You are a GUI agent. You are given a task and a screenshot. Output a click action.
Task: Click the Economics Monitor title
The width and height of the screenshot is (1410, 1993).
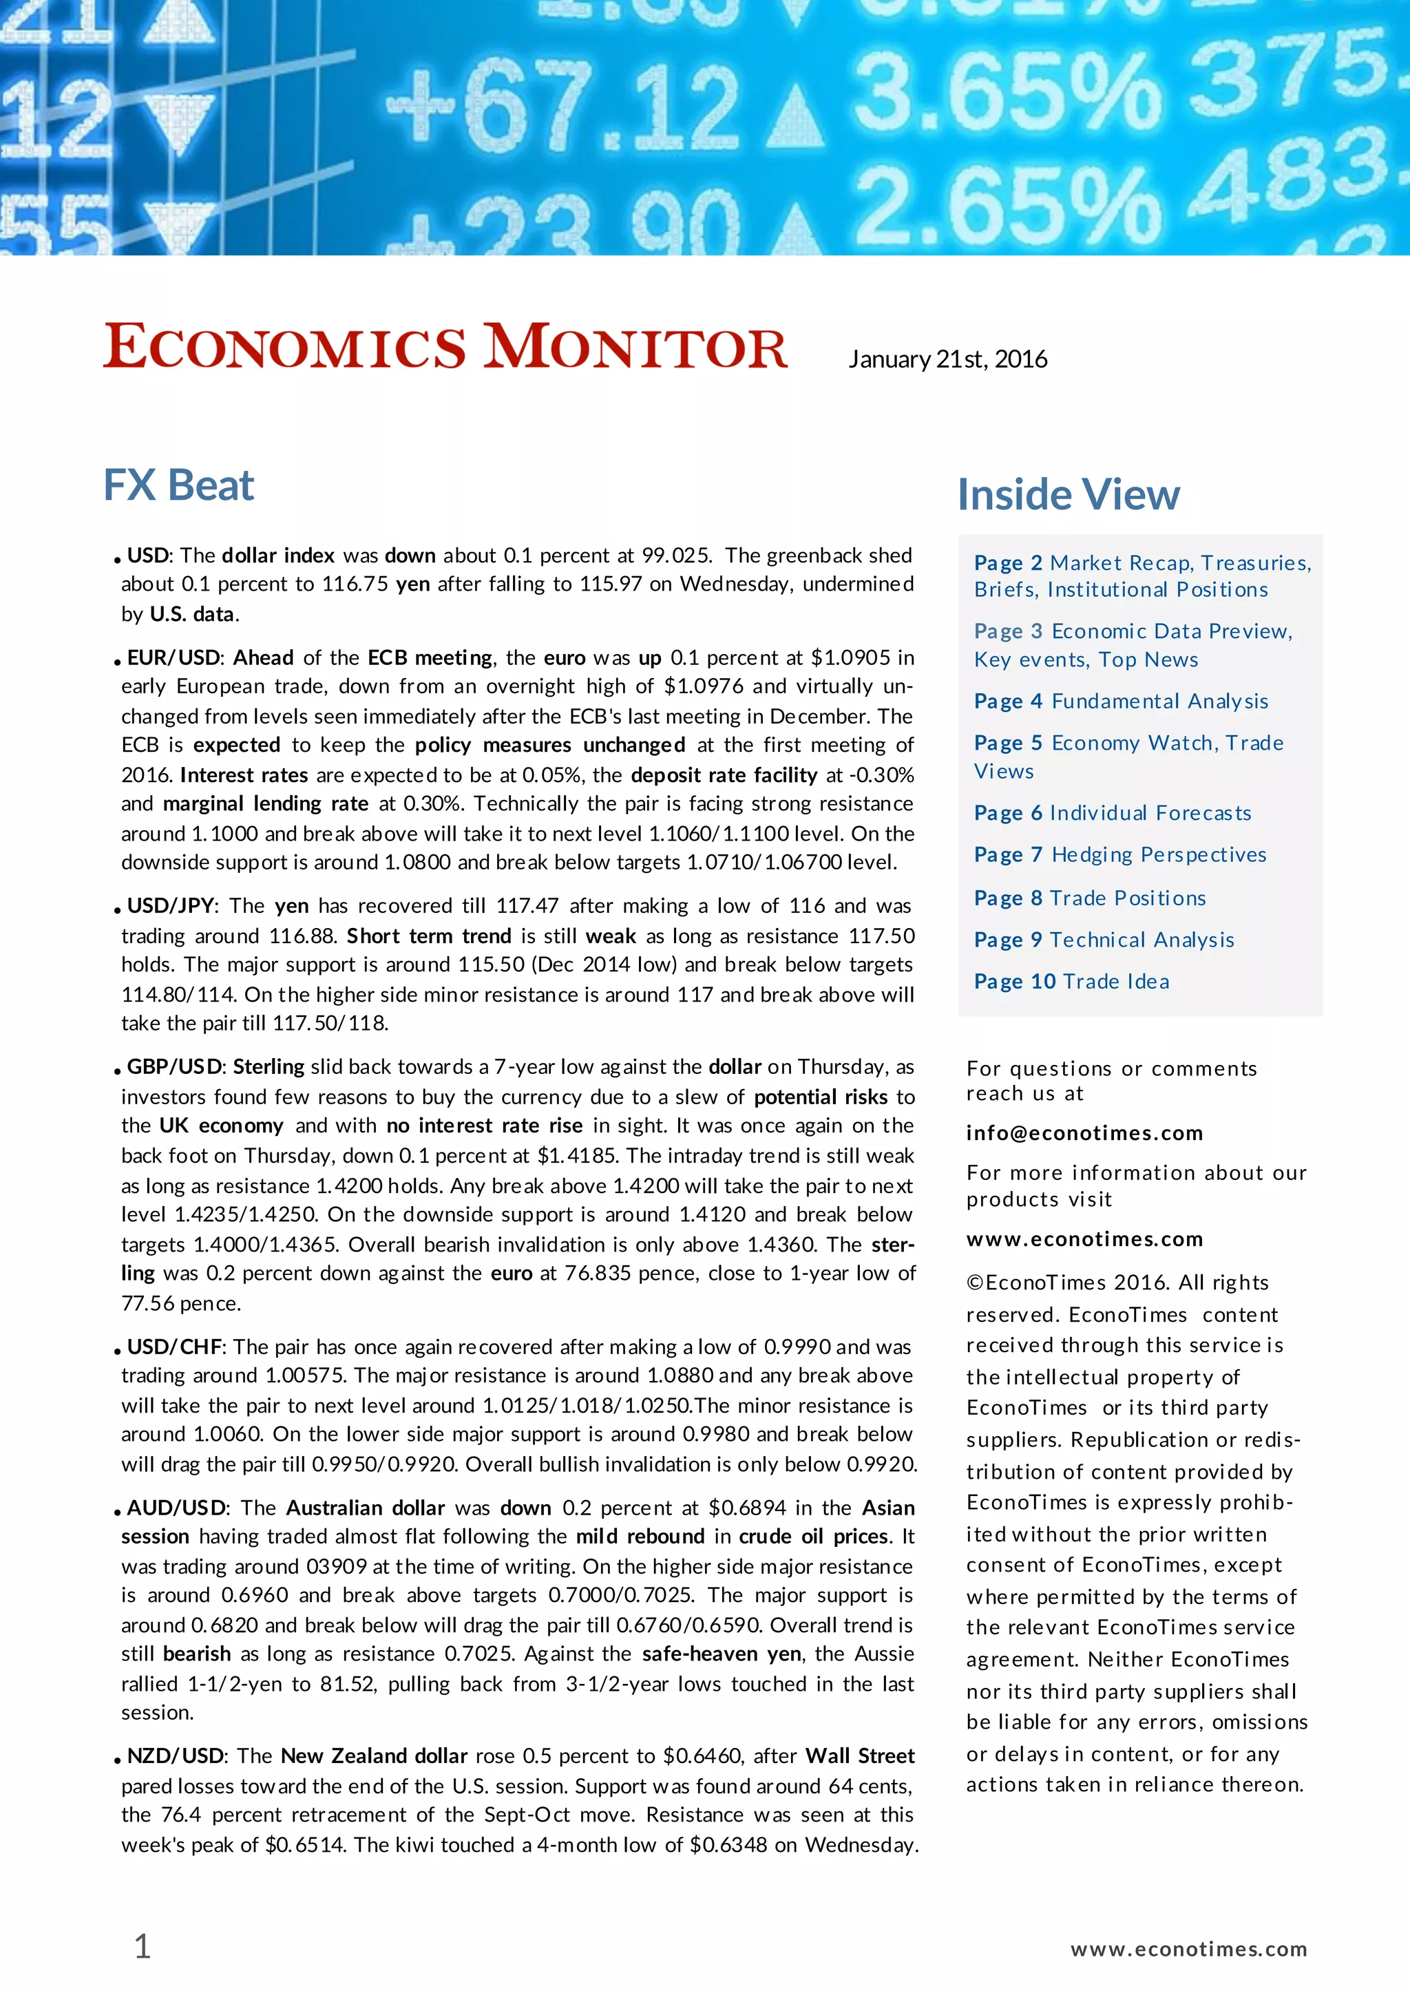(x=445, y=347)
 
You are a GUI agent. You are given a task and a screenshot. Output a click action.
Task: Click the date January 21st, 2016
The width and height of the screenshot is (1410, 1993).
(x=947, y=359)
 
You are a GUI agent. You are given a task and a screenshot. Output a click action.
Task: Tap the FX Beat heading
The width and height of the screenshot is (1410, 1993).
(x=179, y=485)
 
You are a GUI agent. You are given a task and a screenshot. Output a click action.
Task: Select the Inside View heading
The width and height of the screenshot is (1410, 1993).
(x=1068, y=495)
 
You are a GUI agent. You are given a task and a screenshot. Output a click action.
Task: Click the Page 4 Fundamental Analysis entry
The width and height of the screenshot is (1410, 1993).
(x=1120, y=702)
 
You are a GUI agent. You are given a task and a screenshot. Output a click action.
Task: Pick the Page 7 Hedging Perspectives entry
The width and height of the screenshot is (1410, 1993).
(x=1119, y=855)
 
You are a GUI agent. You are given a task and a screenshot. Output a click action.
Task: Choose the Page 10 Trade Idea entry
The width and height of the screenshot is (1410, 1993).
(x=1071, y=982)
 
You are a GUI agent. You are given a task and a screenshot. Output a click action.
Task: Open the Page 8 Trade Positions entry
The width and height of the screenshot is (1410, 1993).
(x=1090, y=898)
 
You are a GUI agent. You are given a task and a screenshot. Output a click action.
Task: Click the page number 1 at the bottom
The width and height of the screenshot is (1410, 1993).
(x=143, y=1947)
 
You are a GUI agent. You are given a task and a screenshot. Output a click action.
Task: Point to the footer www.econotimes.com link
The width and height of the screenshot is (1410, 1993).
(x=1188, y=1950)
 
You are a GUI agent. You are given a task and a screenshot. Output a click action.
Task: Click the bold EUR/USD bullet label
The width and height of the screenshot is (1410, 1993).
(x=173, y=658)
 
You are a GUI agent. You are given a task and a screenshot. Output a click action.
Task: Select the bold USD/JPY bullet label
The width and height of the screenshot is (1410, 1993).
(x=170, y=906)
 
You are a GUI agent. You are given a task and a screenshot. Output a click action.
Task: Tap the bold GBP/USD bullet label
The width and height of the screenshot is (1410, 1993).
(x=176, y=1067)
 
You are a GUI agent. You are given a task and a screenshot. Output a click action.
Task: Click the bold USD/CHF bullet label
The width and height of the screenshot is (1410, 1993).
(x=174, y=1347)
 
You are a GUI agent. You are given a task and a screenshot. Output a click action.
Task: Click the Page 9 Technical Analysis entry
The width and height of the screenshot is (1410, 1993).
(x=1104, y=940)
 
